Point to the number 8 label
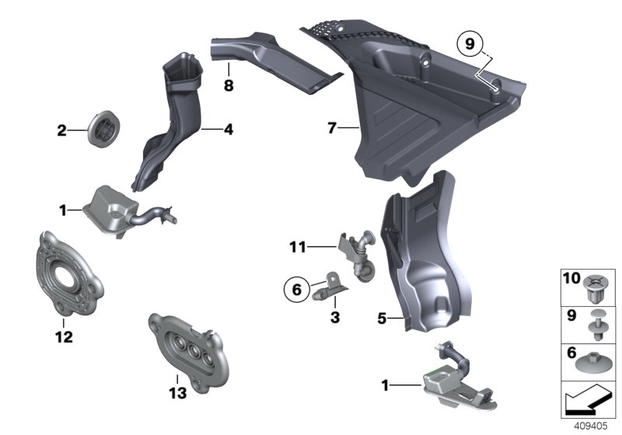tap(229, 85)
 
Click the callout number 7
tap(332, 128)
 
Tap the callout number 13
tap(178, 394)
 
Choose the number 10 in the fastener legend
tap(570, 278)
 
